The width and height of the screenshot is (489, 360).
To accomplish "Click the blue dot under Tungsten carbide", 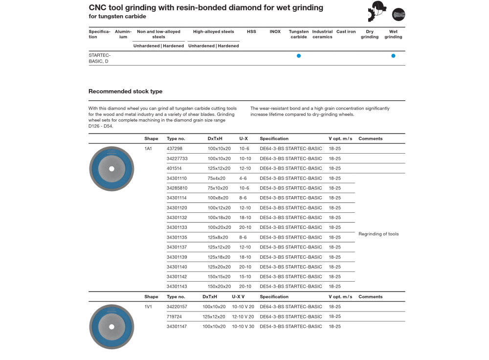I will [299, 56].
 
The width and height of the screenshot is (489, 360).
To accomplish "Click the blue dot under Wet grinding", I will [393, 56].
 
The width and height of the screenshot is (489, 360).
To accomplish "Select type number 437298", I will [175, 149].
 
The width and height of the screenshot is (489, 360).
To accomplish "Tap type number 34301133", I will [177, 227].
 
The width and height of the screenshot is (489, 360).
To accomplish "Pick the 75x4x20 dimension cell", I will [217, 179].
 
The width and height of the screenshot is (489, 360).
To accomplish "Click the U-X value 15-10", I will [245, 277].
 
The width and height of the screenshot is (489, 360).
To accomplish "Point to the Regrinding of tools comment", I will [378, 234].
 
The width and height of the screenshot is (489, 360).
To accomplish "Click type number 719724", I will [174, 316].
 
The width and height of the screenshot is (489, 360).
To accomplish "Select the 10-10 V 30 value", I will [243, 326].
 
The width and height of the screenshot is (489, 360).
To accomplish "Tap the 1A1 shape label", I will [148, 149].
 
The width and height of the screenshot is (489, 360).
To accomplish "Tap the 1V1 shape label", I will [148, 307].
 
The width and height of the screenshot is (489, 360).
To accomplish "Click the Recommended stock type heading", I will [125, 91].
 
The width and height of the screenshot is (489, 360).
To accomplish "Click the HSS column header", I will [251, 32].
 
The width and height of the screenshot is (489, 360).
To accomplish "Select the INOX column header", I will [275, 32].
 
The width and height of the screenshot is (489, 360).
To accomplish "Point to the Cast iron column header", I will [346, 32].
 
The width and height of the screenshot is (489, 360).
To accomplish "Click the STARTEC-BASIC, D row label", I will [100, 58].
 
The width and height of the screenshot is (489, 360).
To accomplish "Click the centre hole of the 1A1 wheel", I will [111, 169].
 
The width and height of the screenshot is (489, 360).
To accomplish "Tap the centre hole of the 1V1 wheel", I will [111, 327].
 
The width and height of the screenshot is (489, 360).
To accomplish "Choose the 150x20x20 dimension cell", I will [219, 287].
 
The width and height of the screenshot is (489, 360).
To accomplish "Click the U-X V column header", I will [238, 297].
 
